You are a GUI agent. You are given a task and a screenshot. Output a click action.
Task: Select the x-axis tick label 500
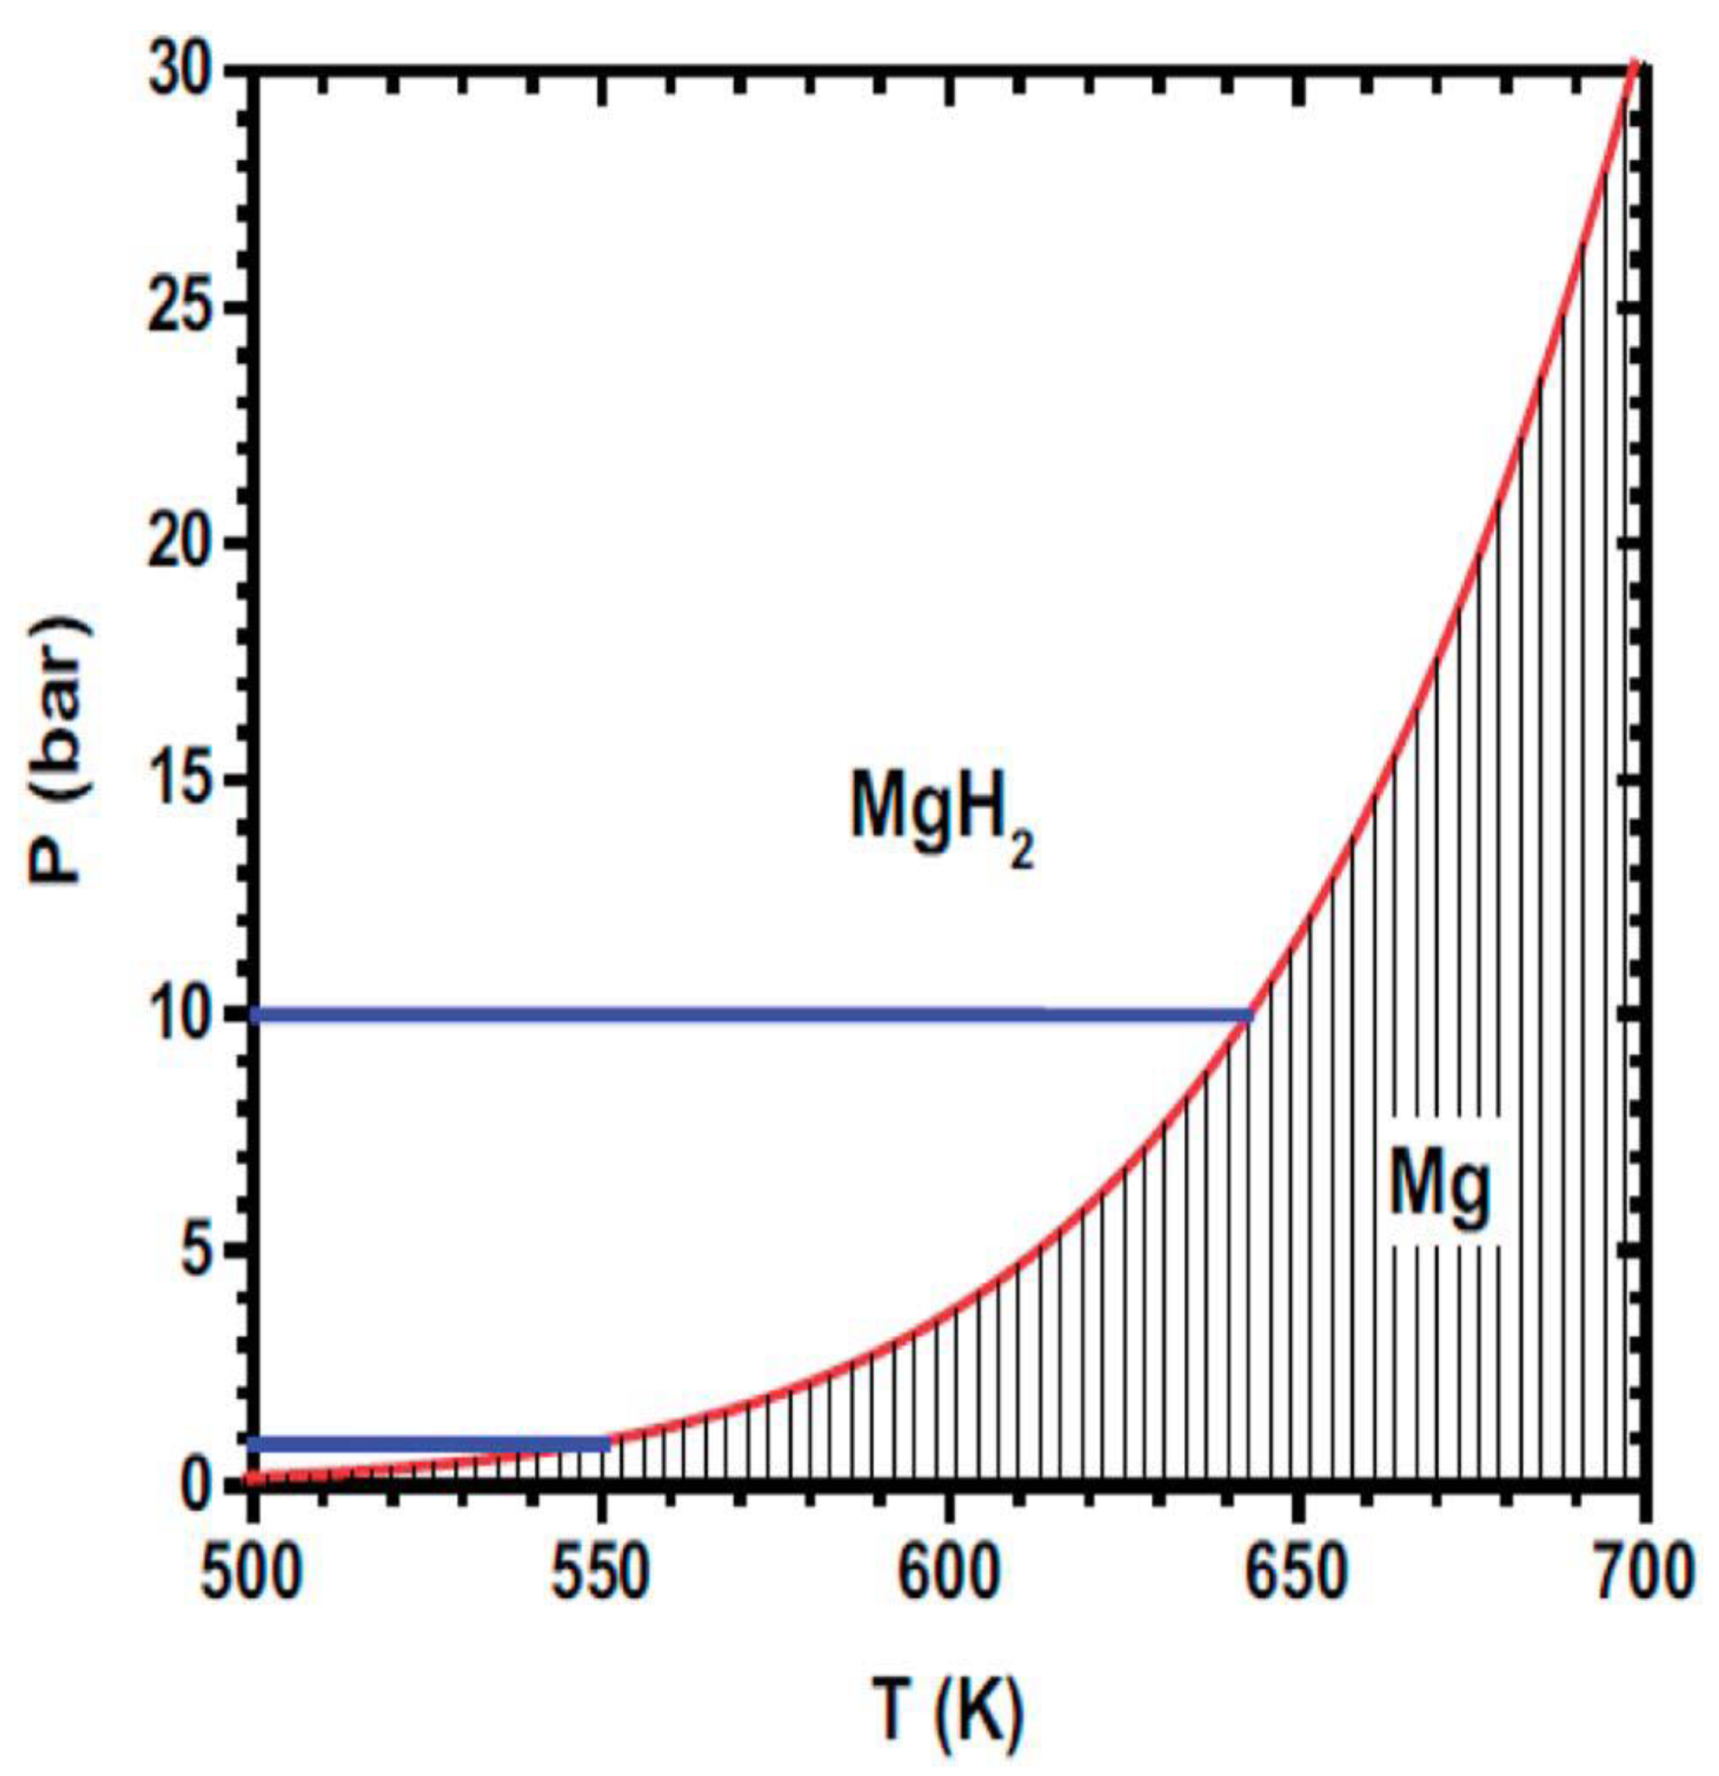tap(250, 1575)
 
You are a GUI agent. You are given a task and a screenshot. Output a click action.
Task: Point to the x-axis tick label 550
tap(600, 1575)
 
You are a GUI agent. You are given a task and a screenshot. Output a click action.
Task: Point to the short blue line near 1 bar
tap(431, 1443)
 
